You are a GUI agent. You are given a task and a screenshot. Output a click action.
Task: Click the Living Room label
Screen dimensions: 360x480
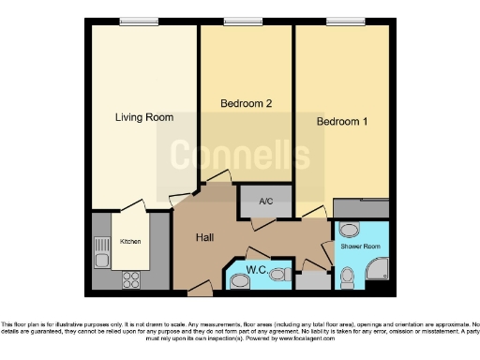144,117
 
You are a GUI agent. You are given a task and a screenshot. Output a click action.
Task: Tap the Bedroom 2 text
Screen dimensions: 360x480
246,103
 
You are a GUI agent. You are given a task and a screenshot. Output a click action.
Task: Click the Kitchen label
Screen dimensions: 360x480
131,241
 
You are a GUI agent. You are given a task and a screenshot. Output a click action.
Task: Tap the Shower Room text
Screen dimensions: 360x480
360,248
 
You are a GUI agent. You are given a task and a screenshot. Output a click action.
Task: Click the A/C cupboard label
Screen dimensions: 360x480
265,200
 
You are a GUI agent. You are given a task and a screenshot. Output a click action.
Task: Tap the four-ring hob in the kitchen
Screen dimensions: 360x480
131,277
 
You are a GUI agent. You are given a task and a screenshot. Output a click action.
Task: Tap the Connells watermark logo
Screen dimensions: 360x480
240,150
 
